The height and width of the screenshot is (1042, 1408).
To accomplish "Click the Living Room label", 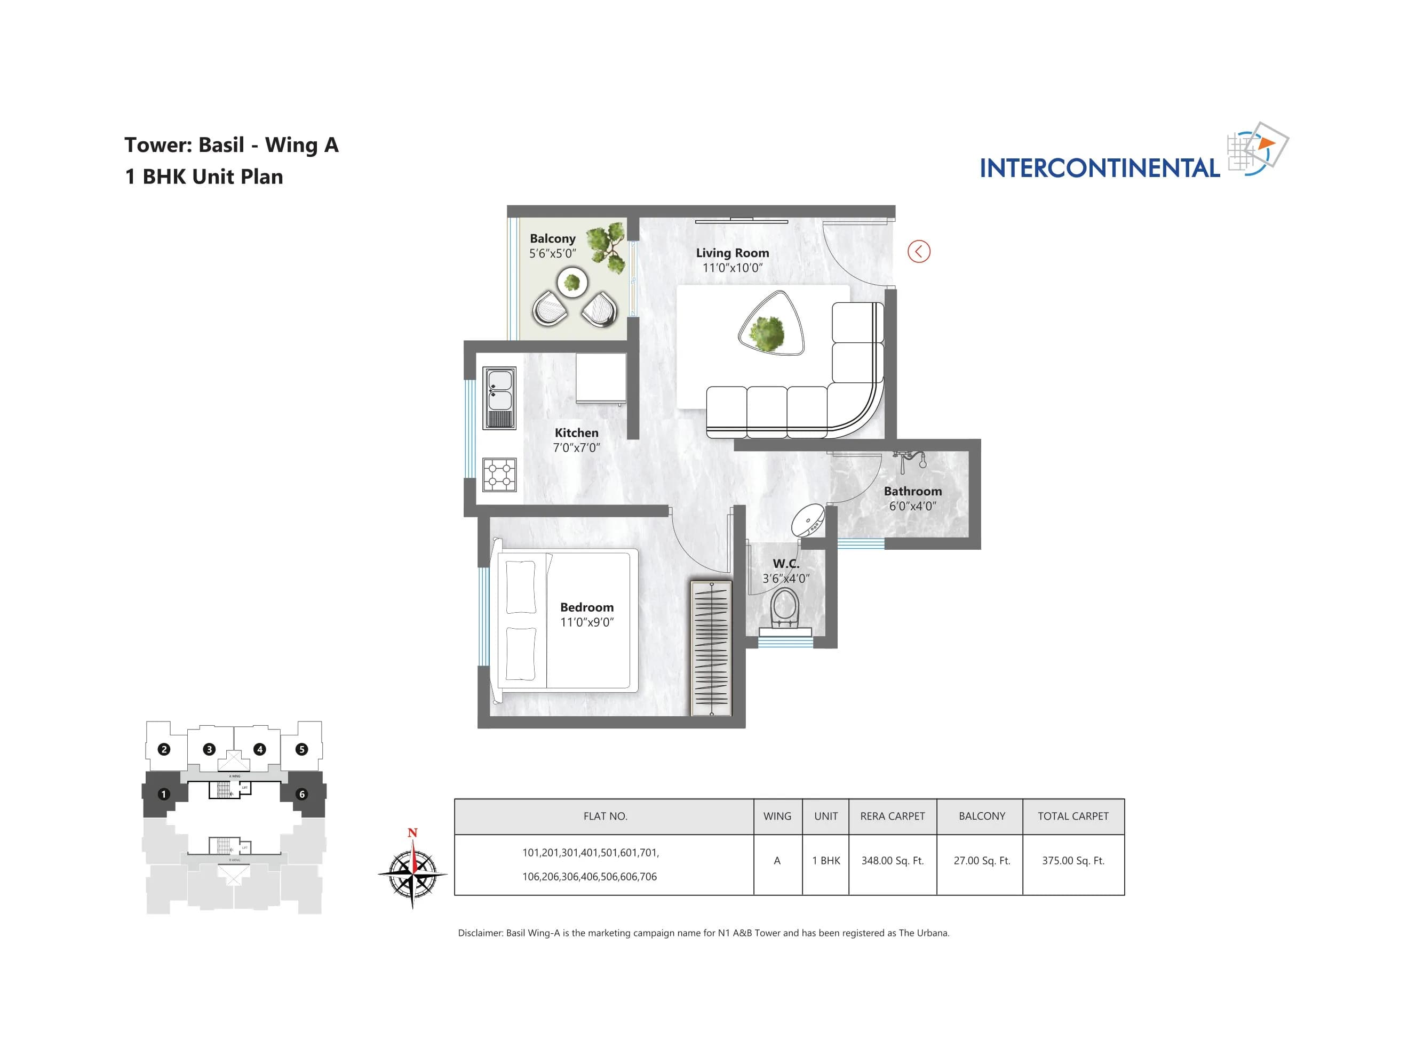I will (732, 253).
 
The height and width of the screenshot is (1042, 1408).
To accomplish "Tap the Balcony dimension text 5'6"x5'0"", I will (552, 253).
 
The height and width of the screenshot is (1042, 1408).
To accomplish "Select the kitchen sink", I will (499, 397).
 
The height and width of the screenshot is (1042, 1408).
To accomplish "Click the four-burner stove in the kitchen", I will (499, 474).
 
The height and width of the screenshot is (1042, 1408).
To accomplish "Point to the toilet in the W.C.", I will (785, 608).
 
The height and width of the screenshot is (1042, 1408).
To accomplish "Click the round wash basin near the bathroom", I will (808, 521).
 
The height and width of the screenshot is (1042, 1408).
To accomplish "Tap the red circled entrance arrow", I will (918, 252).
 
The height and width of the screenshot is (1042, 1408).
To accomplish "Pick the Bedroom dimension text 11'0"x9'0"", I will (586, 622).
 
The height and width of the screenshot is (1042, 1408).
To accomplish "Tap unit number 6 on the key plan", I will (301, 794).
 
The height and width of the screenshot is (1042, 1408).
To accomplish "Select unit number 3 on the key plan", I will (209, 749).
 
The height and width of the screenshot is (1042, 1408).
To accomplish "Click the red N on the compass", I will (412, 832).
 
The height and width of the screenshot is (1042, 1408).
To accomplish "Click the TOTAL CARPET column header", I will (1072, 816).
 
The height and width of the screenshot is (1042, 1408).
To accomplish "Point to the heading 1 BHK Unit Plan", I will (204, 177).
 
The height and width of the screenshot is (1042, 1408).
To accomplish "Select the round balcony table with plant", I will (572, 282).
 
